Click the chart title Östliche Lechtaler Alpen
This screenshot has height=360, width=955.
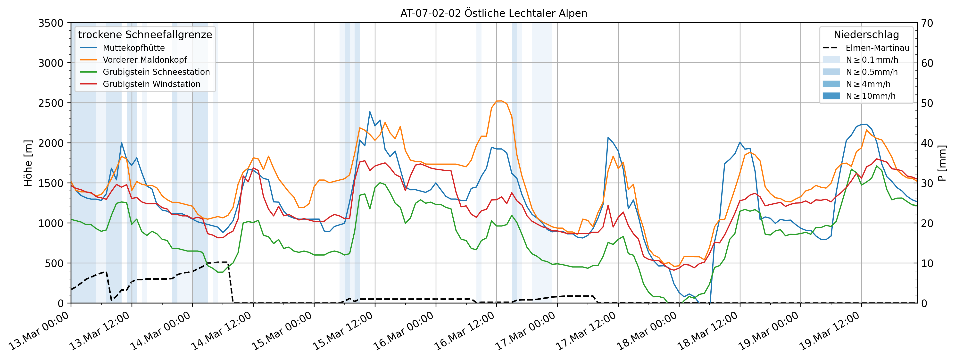tap(493, 13)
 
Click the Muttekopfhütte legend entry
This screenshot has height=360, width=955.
tap(133, 48)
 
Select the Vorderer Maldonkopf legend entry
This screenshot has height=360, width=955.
tap(145, 60)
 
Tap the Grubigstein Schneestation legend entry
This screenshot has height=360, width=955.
tap(156, 72)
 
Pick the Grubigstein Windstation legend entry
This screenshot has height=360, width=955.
tap(151, 84)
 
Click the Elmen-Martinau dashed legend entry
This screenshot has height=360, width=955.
tap(877, 48)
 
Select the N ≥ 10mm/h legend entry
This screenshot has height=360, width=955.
tap(871, 96)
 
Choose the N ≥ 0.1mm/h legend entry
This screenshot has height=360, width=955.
tap(872, 60)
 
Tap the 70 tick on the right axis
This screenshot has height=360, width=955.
tap(927, 23)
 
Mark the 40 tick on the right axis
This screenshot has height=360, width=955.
tap(927, 143)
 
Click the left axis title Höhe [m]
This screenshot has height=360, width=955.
tap(28, 163)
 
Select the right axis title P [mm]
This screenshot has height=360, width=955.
tap(942, 163)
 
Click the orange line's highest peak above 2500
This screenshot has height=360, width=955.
tap(499, 101)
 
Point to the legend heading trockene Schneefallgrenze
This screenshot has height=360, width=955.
tap(145, 34)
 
